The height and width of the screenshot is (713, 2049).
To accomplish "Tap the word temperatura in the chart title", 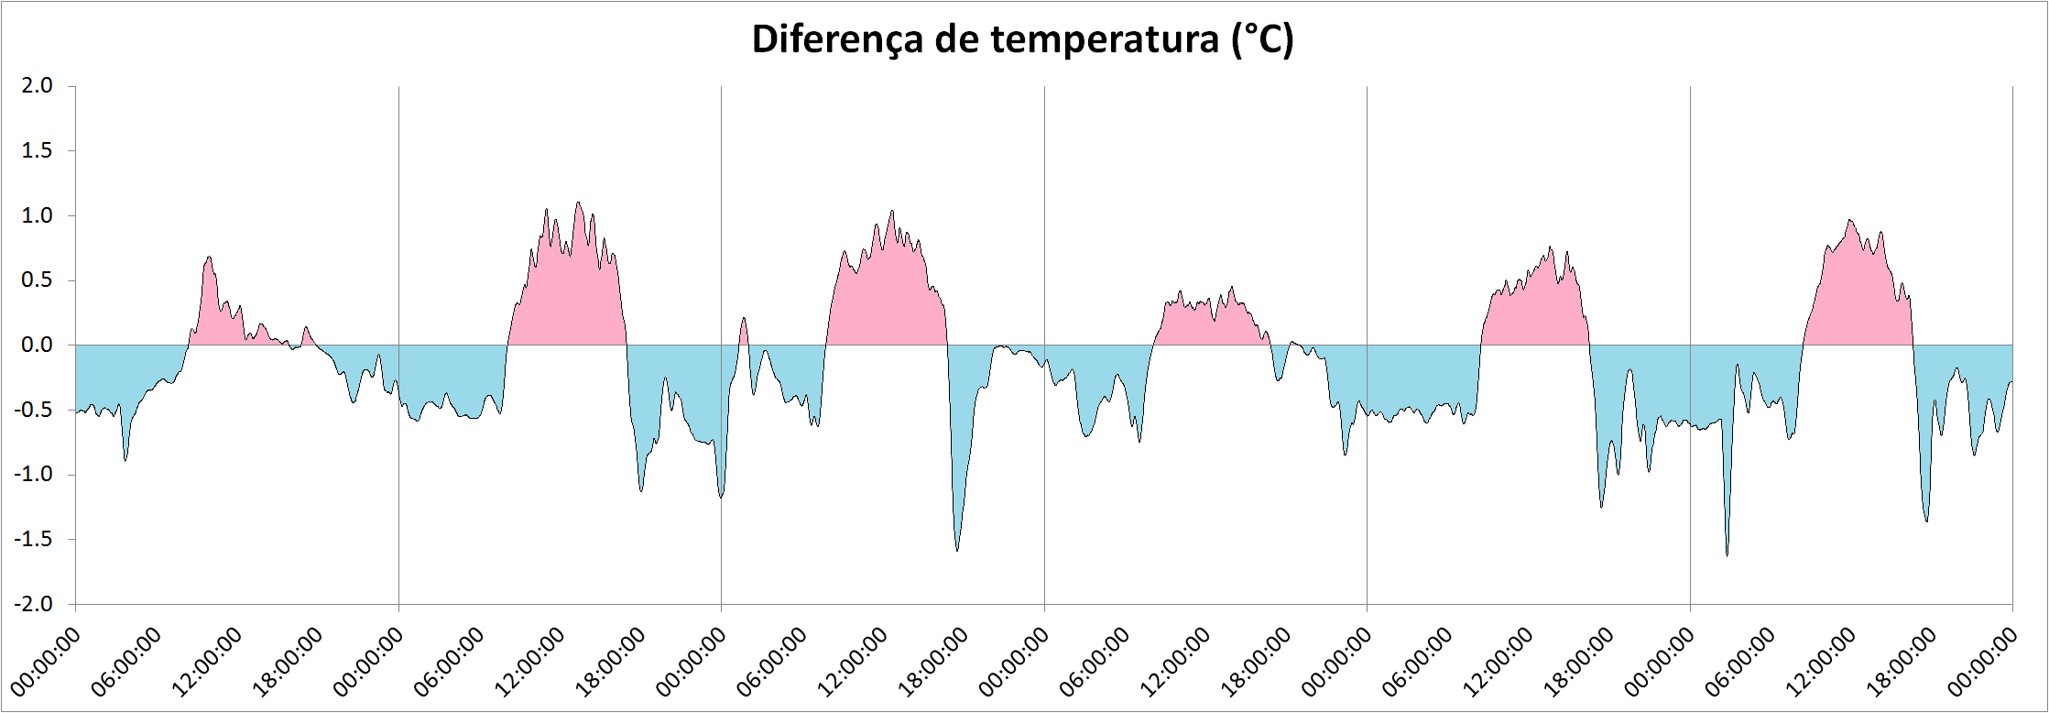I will tap(1106, 40).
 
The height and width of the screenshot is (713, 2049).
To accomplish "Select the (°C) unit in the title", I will tap(1262, 40).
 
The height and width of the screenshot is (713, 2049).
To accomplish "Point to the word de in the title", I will tap(957, 40).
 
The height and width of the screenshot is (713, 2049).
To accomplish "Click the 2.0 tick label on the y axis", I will tap(38, 85).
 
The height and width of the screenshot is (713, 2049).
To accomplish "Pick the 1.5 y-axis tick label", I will tap(38, 150).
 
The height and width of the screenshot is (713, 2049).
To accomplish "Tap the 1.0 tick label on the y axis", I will tap(38, 215).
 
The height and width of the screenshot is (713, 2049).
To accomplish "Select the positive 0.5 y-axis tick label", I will tap(38, 280).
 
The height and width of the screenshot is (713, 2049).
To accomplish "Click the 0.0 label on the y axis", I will tap(38, 346).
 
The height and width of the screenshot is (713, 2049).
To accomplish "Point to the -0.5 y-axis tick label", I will tap(34, 410).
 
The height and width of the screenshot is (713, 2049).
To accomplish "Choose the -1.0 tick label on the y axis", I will tap(34, 475).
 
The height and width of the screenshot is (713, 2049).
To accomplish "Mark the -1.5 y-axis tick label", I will tap(34, 540).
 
